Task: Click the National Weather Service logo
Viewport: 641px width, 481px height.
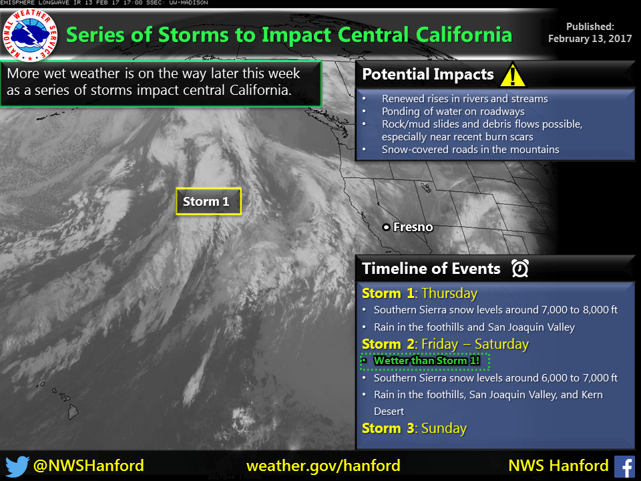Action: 30,34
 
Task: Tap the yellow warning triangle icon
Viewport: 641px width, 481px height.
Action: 513,74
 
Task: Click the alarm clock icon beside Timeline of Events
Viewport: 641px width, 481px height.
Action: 520,269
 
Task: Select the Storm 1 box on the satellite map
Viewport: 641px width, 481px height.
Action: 208,201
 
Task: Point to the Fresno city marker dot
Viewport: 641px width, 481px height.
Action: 386,227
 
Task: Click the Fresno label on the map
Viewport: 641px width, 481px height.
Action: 413,227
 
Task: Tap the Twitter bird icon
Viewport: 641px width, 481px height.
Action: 17,466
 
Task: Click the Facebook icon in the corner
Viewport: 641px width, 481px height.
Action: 625,467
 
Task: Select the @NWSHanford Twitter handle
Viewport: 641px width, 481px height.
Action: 88,466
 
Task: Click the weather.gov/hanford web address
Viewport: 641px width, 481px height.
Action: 323,466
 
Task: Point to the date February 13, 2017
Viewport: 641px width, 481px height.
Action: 590,39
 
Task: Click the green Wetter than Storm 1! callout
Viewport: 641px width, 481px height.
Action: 425,361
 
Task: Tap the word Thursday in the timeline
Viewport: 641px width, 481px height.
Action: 449,293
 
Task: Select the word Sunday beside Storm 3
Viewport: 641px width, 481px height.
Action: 444,428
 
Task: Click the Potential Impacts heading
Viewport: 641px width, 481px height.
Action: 428,74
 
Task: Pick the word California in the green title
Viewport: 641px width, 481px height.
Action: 464,35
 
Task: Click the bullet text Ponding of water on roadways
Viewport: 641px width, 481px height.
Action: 453,112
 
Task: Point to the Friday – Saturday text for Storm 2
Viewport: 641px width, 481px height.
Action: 475,345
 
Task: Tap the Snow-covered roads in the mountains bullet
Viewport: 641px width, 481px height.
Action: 471,150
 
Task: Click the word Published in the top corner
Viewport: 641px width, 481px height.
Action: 590,27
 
